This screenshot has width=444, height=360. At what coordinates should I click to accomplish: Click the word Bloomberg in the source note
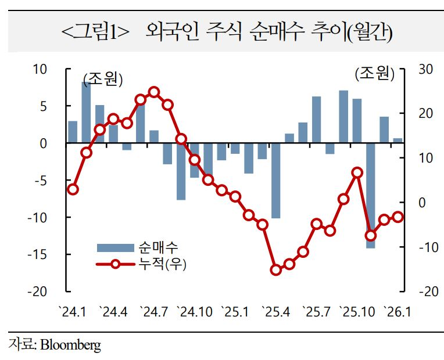70,345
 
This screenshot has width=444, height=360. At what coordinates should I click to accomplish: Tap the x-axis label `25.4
275,312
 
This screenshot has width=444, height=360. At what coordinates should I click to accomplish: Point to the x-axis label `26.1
396,312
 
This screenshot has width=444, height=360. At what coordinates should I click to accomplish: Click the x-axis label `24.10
195,312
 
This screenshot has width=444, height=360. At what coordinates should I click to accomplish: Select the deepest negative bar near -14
370,195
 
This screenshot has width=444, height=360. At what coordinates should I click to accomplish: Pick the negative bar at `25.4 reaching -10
275,180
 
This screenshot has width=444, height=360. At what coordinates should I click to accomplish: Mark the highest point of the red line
154,92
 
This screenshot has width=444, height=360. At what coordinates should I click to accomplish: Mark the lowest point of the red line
276,270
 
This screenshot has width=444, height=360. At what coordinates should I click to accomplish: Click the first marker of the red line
73,189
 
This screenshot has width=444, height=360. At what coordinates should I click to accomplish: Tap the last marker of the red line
398,217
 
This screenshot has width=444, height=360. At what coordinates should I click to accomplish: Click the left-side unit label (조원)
103,80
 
